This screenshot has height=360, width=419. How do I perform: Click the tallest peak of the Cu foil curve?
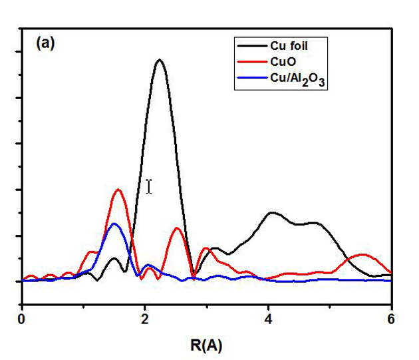pyautogui.click(x=159, y=61)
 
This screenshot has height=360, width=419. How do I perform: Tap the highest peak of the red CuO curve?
pyautogui.click(x=118, y=190)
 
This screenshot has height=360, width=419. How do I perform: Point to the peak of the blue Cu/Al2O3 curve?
pyautogui.click(x=114, y=224)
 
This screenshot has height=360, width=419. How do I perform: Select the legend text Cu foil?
pyautogui.click(x=289, y=45)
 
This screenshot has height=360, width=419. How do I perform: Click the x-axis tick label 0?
pyautogui.click(x=23, y=318)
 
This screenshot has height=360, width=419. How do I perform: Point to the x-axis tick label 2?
pyautogui.click(x=145, y=318)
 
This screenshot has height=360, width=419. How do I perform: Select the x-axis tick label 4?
pyautogui.click(x=268, y=318)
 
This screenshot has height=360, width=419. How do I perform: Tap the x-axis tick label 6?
pyautogui.click(x=390, y=318)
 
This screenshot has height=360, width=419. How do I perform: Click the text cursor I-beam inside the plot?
pyautogui.click(x=149, y=187)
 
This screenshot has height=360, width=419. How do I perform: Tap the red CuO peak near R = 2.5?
pyautogui.click(x=177, y=228)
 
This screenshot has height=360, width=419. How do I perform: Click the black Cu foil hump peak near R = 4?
pyautogui.click(x=271, y=213)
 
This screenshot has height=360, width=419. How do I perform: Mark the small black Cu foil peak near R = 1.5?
pyautogui.click(x=114, y=258)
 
